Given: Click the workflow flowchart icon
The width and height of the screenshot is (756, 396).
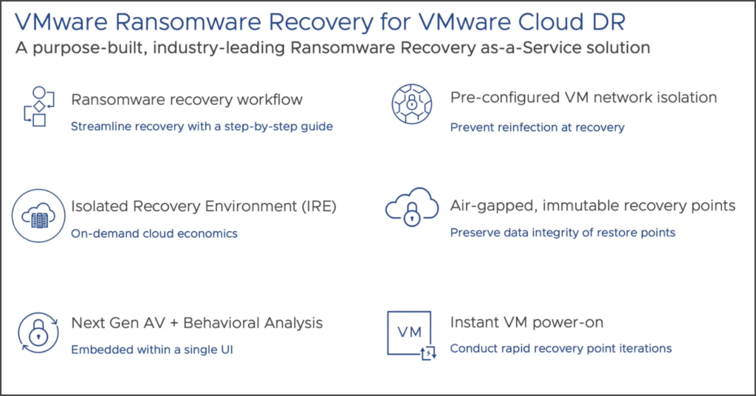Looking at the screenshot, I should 35,107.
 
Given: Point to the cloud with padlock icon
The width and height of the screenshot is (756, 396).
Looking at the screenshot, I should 411,211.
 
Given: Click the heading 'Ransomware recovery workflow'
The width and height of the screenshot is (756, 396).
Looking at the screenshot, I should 187,99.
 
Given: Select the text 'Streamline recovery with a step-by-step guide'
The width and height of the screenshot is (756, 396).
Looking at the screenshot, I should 202,126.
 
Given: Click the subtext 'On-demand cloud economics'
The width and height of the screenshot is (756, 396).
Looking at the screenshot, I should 154,233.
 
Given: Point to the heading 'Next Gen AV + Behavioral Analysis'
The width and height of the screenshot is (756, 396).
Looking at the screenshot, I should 196,323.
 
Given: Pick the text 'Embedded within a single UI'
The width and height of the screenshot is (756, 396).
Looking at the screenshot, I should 151,349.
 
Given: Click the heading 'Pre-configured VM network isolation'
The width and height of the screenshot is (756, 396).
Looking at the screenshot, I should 583,98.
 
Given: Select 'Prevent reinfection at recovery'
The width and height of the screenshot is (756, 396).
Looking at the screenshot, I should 537,127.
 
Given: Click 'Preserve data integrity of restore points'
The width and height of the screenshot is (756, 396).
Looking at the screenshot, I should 563,233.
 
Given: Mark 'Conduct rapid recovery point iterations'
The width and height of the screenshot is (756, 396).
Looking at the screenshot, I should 560,349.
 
